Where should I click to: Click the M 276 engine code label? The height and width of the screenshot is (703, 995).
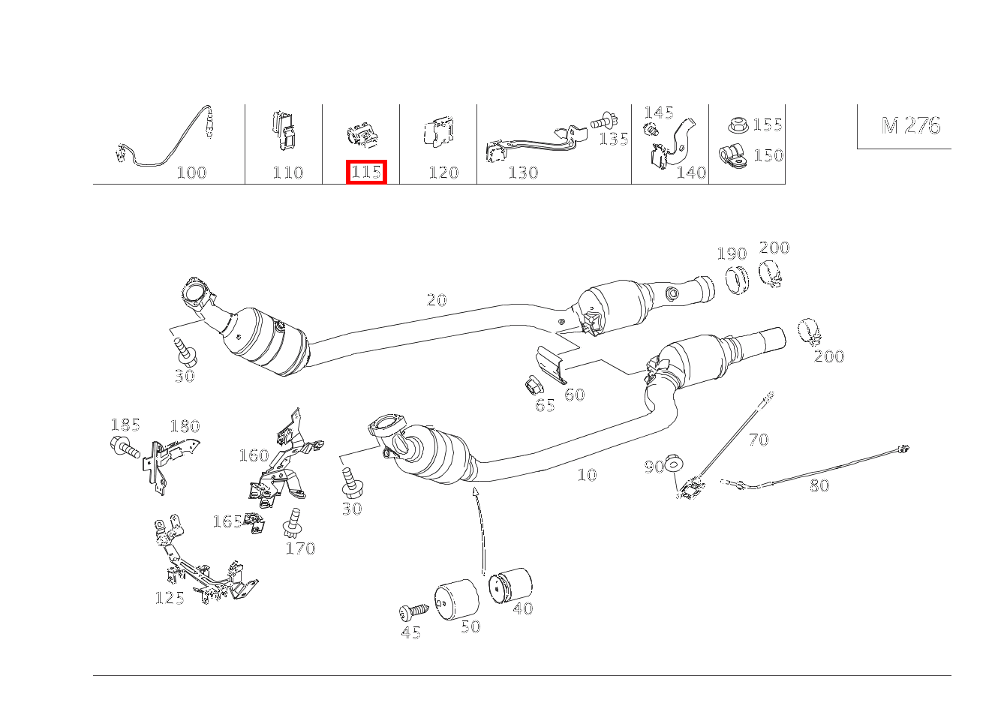[x=911, y=126]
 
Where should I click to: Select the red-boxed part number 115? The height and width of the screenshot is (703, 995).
[x=366, y=172]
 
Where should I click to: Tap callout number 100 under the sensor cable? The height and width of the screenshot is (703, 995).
[x=191, y=173]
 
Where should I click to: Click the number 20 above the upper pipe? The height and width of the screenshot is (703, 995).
[x=436, y=300]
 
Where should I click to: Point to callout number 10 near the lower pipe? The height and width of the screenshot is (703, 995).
[x=587, y=475]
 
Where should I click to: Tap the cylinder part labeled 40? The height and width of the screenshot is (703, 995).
[x=510, y=585]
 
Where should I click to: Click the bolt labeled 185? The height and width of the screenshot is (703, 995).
[x=125, y=446]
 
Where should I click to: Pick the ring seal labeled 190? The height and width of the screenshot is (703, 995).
[x=737, y=280]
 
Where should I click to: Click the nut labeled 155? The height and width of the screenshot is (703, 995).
[x=738, y=125]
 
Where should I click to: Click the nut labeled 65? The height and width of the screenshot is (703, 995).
[x=534, y=386]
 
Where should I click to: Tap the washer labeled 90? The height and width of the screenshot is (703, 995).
[x=674, y=464]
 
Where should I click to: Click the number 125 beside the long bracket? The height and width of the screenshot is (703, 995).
[x=170, y=598]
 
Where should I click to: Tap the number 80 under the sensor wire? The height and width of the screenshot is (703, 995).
[x=819, y=485]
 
